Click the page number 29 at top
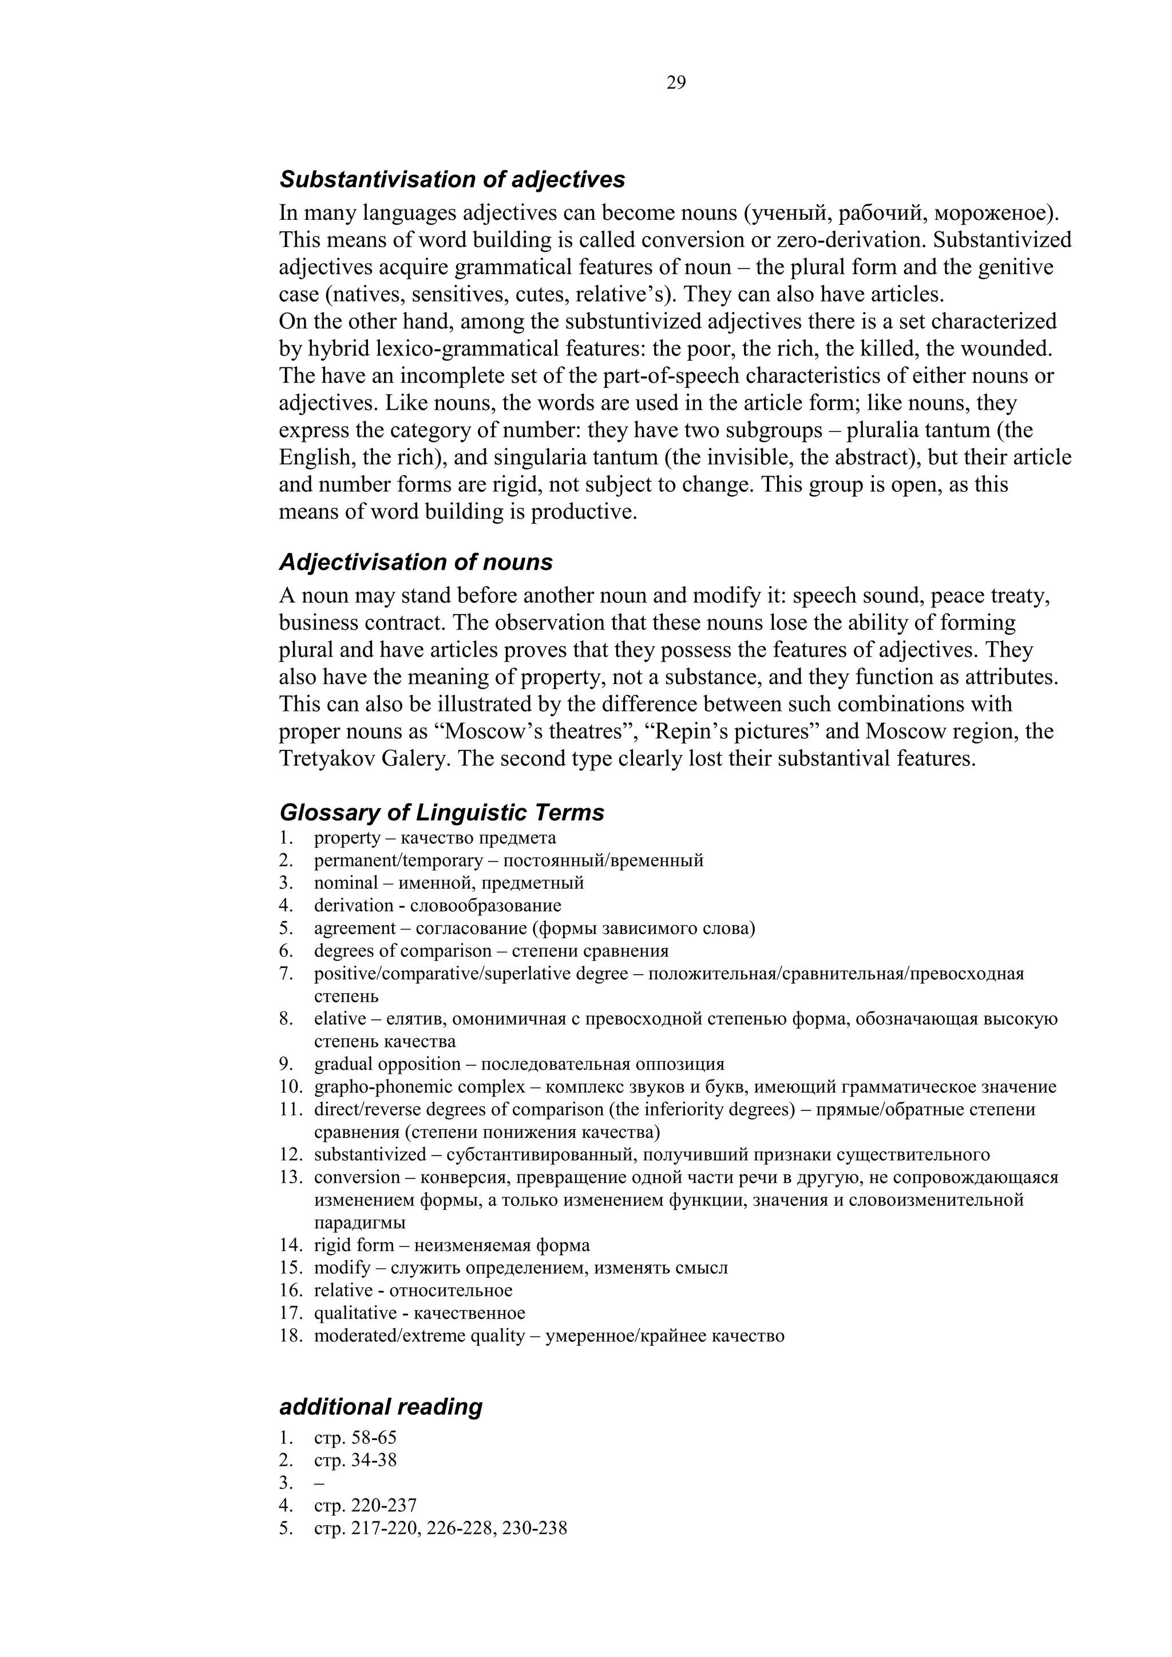[x=676, y=83]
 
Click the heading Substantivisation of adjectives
[x=452, y=179]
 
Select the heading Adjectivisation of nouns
[x=415, y=562]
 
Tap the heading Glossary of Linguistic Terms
[x=442, y=813]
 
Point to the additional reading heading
[x=381, y=1406]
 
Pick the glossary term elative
[x=340, y=1019]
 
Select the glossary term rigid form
[x=354, y=1245]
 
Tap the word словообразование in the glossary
[x=486, y=905]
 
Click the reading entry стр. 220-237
[x=365, y=1505]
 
